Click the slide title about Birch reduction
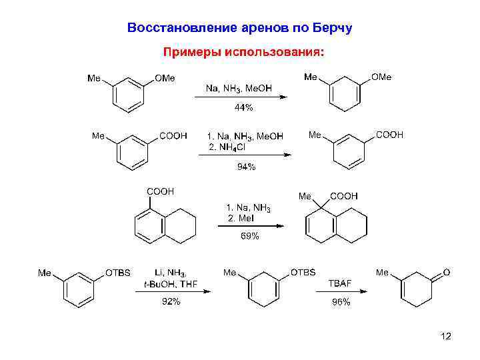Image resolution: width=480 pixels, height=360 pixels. coord(239,28)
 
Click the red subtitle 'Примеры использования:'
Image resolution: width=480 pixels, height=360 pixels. coord(239,51)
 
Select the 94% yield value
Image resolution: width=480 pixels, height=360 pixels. coord(246,167)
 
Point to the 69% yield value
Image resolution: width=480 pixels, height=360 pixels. coord(249,236)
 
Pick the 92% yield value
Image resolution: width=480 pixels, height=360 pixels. coord(171,302)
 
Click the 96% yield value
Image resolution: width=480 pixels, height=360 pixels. coord(341,302)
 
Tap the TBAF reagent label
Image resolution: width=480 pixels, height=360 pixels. coord(340,283)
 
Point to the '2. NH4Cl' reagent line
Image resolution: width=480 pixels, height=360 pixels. coord(227,147)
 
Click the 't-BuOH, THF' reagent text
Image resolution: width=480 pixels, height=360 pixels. coord(171,284)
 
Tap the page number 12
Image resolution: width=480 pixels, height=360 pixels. coord(446,337)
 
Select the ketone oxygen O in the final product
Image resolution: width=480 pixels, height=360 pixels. coord(447,273)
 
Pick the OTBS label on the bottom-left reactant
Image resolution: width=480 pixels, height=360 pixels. coord(118,273)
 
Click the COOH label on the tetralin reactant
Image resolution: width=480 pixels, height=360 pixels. coord(160,192)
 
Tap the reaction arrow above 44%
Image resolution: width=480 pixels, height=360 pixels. coord(240,97)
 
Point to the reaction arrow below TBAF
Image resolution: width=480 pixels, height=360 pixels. coord(341,292)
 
